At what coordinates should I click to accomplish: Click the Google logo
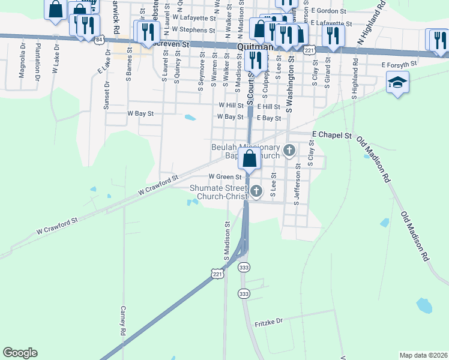[x=20, y=353]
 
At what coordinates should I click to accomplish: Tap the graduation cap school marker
[x=397, y=83]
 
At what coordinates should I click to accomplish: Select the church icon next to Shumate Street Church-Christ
[x=256, y=191]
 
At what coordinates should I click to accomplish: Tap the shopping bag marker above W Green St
[x=249, y=159]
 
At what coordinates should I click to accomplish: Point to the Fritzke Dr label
[x=268, y=322]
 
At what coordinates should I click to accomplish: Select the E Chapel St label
[x=332, y=136]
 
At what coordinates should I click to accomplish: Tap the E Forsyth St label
[x=399, y=64]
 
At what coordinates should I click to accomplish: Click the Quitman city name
[x=255, y=46]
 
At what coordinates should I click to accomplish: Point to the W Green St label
[x=224, y=177]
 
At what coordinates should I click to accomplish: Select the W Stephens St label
[x=193, y=29]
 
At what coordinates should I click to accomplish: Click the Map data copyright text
[x=423, y=355]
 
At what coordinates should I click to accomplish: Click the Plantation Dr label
[x=37, y=61]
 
